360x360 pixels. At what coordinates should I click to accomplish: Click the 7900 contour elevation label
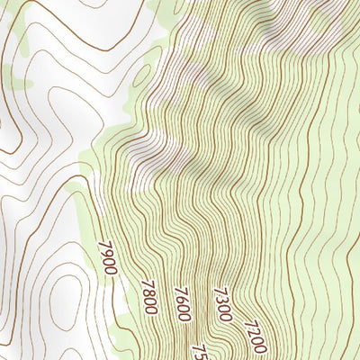point(109,259)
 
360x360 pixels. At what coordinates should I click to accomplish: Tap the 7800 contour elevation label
point(149,297)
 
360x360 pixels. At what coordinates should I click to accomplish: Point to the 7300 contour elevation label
point(222,304)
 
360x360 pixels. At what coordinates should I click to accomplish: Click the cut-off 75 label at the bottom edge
point(199,351)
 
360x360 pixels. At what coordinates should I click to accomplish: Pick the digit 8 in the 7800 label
point(148,292)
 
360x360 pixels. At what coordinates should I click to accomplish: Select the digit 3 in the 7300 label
point(220,300)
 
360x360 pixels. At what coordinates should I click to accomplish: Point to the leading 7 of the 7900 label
point(104,245)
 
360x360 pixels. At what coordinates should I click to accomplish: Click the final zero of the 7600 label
point(185,316)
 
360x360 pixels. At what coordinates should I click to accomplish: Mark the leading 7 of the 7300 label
point(217,291)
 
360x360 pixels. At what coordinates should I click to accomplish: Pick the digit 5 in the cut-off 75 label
point(201,354)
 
